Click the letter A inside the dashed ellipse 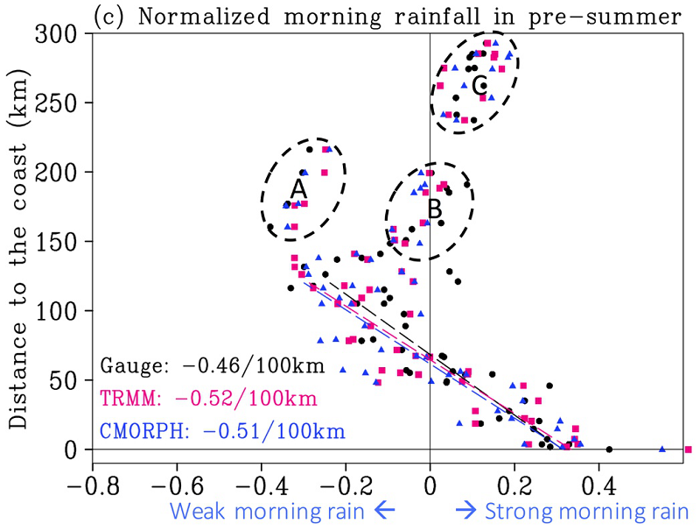coord(298,188)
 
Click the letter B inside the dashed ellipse coord(434,209)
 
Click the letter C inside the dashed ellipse coord(479,85)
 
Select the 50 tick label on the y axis coord(64,380)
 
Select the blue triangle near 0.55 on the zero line coord(661,450)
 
